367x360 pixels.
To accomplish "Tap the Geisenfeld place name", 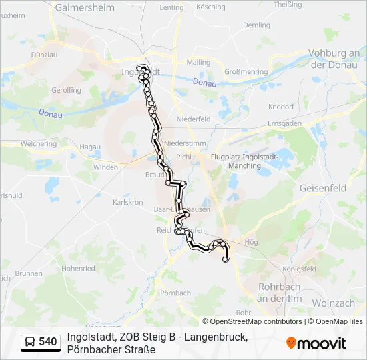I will [x=324, y=188].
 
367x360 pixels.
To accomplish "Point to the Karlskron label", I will [x=128, y=201].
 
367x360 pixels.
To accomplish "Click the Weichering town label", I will [x=39, y=143].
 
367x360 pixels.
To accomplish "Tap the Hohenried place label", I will [x=78, y=268].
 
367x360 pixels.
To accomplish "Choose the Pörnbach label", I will [x=175, y=293].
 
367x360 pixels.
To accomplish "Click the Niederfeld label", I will [x=194, y=119].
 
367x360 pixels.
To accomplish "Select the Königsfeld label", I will [x=299, y=269].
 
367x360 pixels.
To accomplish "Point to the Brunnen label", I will [x=29, y=273].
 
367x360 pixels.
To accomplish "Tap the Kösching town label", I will [x=211, y=7].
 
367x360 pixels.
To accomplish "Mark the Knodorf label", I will [x=281, y=107].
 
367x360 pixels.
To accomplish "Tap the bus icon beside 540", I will [x=30, y=342].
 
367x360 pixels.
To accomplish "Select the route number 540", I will [x=47, y=342].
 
